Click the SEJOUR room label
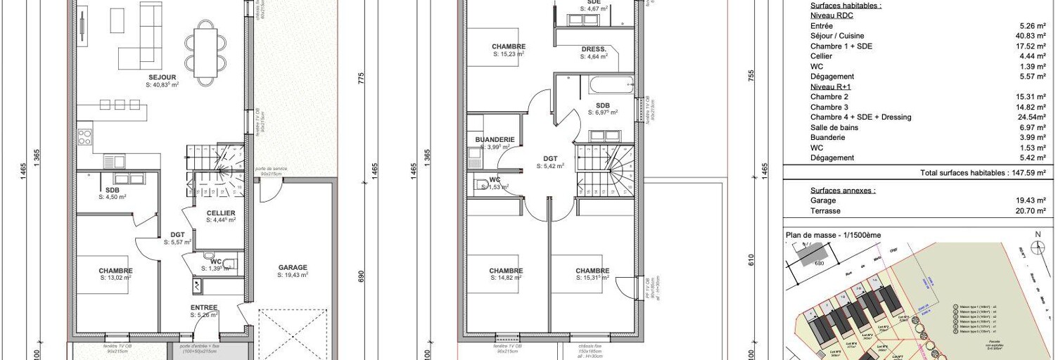[x=162, y=77]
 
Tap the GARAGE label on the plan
[x=293, y=267]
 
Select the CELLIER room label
[x=221, y=213]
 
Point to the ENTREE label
[x=204, y=307]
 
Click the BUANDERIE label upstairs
[x=495, y=139]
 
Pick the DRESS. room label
[x=594, y=49]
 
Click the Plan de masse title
[x=832, y=235]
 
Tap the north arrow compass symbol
[x=1037, y=246]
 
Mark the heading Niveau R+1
[x=830, y=86]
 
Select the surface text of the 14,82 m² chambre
[x=506, y=278]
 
